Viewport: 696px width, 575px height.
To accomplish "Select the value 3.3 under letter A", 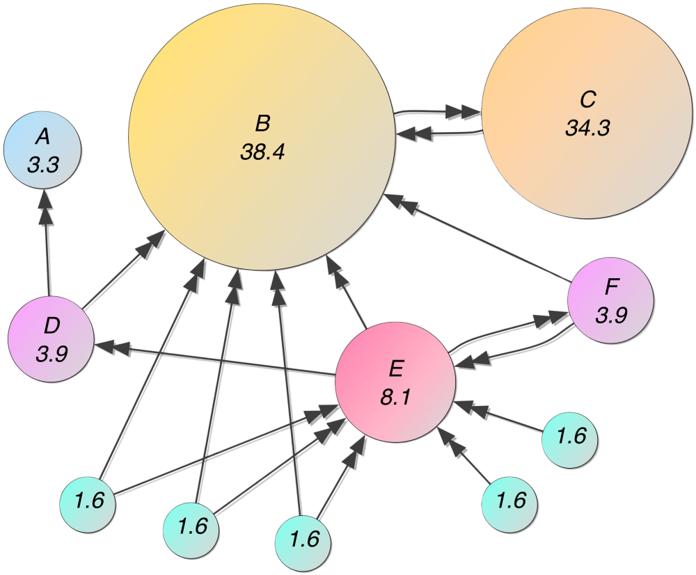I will click(42, 165).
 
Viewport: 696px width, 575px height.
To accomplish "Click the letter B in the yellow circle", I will click(262, 124).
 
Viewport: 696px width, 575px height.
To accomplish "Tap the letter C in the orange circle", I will click(587, 99).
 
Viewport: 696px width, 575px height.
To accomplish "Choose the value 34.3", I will click(587, 129).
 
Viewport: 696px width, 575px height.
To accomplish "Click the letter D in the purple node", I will click(51, 325).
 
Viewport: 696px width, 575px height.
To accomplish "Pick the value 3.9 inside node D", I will click(51, 354).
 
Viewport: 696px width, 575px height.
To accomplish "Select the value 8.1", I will click(395, 398).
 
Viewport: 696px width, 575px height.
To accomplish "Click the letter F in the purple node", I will click(611, 286).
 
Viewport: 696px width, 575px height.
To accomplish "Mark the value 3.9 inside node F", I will click(611, 315).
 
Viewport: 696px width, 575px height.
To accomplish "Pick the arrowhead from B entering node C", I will click(461, 111).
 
